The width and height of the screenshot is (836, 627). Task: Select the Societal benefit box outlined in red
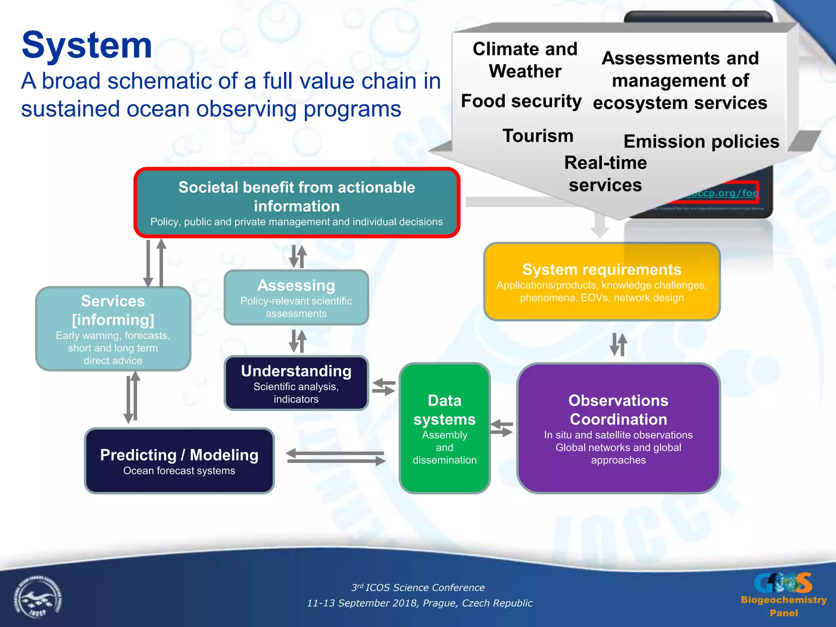297,202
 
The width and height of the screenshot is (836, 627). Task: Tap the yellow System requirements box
602,282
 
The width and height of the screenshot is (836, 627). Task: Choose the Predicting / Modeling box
179,460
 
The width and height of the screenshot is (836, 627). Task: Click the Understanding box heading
296,371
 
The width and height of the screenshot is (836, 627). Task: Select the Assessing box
296,298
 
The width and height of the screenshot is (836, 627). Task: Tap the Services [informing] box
113,329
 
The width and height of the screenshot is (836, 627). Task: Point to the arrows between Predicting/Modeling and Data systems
336,457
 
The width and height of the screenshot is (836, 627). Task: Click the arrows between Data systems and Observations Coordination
502,428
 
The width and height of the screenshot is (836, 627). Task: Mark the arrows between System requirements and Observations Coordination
618,344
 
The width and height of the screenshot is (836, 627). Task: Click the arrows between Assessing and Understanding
298,341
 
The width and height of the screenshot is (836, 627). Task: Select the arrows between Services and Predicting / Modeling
132,397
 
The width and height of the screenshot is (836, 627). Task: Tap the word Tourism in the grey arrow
538,136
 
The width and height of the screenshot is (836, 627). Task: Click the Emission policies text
701,142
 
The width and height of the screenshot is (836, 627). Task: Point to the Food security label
521,101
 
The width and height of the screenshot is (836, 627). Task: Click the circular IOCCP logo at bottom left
38,598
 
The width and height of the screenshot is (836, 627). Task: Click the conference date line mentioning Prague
420,603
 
